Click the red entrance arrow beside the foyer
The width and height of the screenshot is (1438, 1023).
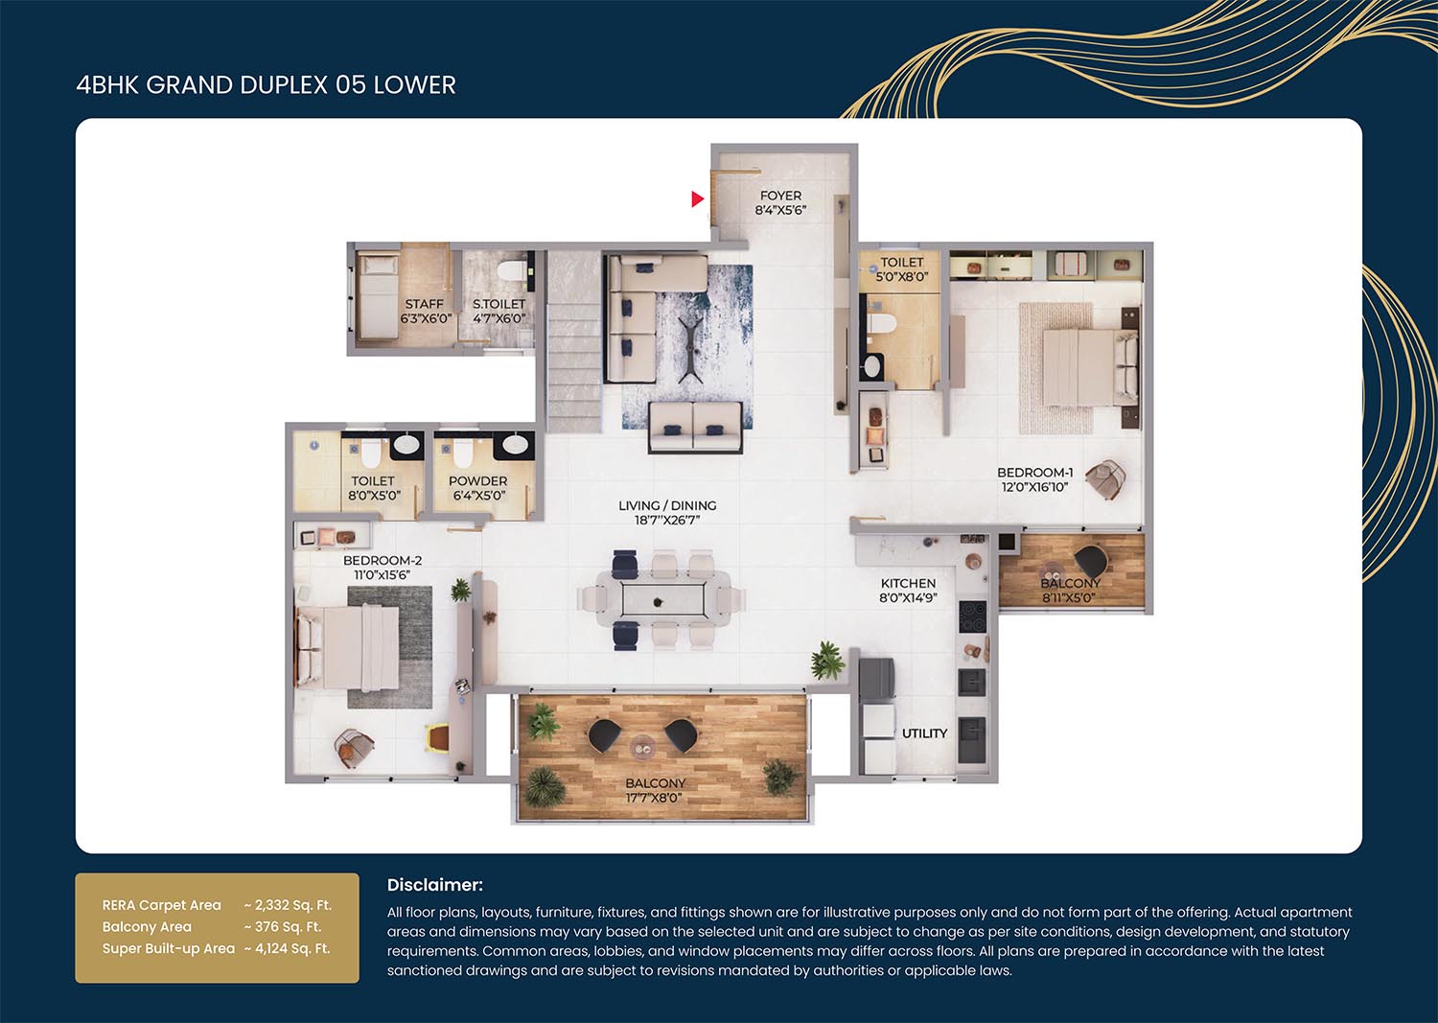(698, 199)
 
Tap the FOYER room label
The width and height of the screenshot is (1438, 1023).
(780, 196)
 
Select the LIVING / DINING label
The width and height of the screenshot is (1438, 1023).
(667, 505)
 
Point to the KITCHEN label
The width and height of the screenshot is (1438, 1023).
(908, 583)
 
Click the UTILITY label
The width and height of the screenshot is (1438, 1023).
(924, 733)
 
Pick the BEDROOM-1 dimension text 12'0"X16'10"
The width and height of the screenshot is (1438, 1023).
(1034, 487)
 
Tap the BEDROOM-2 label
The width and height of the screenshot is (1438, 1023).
(382, 560)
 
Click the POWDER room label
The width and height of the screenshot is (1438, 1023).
(477, 481)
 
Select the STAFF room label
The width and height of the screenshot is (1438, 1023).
(425, 304)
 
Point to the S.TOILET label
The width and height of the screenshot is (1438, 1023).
(499, 304)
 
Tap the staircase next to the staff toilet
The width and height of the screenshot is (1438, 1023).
(574, 341)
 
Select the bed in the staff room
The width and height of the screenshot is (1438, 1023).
(378, 295)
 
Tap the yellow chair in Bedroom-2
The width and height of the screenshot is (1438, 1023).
(438, 737)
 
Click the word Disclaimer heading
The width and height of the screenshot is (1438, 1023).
(434, 885)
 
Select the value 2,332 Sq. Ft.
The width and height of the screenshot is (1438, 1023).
(292, 905)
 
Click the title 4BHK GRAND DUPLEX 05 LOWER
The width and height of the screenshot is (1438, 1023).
(266, 84)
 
